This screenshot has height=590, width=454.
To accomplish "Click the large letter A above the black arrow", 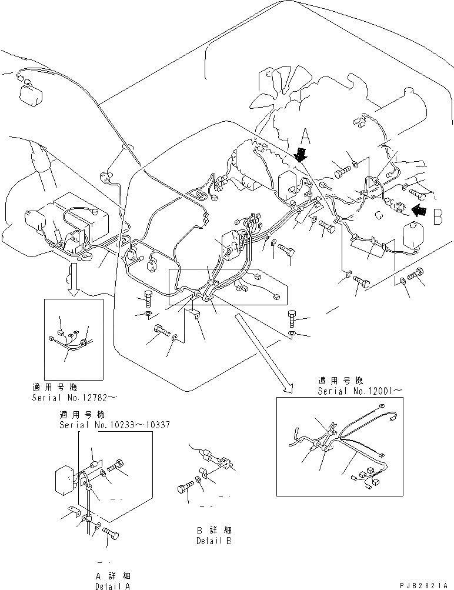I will [x=305, y=138].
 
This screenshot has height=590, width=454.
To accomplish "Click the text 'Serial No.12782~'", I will [x=74, y=398].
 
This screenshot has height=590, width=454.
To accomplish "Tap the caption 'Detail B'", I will [x=214, y=541].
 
